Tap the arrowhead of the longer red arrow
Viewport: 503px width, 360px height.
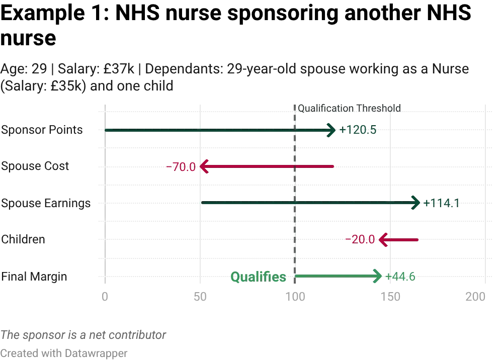(x=203, y=167)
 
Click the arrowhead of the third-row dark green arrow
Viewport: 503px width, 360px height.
(x=415, y=203)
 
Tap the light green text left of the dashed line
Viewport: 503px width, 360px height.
(x=258, y=276)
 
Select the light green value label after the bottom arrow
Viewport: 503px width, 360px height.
(x=401, y=276)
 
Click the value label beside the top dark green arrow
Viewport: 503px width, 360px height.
(x=359, y=131)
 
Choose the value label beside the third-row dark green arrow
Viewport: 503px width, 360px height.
(x=441, y=203)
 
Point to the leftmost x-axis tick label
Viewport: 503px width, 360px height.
(x=105, y=296)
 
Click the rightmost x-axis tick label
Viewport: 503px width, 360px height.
(x=475, y=296)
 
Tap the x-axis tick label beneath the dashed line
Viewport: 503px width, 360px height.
(x=295, y=296)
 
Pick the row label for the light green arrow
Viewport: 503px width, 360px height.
(x=34, y=276)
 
